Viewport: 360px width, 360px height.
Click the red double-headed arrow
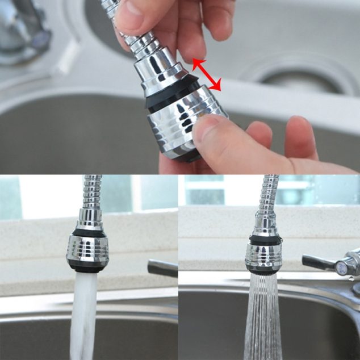pos(206,74)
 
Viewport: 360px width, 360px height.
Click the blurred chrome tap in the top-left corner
pos(23,28)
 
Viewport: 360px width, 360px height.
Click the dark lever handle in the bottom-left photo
pos(162,267)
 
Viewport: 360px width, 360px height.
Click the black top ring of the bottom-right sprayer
pos(265,240)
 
